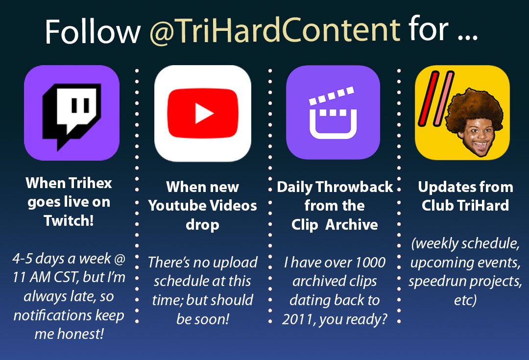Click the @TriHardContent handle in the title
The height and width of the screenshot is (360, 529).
click(275, 31)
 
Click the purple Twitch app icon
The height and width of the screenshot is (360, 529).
click(72, 113)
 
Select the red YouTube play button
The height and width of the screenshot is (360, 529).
click(202, 113)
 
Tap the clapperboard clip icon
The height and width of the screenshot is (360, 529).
click(333, 112)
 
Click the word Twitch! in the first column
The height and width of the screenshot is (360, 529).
click(69, 220)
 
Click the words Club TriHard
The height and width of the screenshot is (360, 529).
click(465, 205)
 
